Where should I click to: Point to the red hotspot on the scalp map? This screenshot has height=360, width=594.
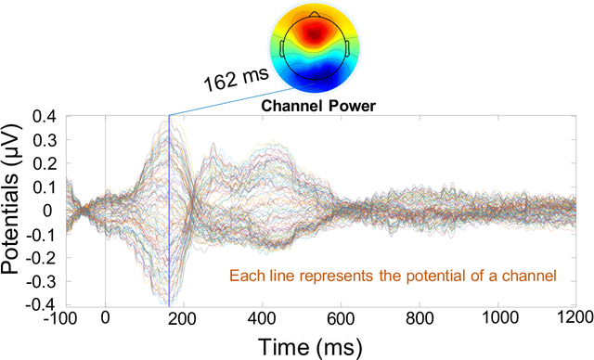click(x=316, y=32)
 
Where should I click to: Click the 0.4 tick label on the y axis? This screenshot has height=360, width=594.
click(x=44, y=117)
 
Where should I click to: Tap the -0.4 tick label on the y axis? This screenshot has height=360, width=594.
click(x=41, y=303)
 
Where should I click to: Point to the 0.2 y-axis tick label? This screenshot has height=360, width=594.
click(x=44, y=163)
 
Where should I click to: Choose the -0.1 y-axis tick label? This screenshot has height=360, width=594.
click(x=41, y=234)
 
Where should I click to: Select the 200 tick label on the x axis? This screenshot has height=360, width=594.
click(x=184, y=316)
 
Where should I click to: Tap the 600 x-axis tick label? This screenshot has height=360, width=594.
click(x=342, y=316)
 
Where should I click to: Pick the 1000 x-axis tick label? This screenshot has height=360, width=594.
click(x=499, y=316)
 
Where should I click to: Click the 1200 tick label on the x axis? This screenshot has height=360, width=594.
click(x=575, y=316)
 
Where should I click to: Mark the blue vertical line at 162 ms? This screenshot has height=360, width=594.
click(x=169, y=213)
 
